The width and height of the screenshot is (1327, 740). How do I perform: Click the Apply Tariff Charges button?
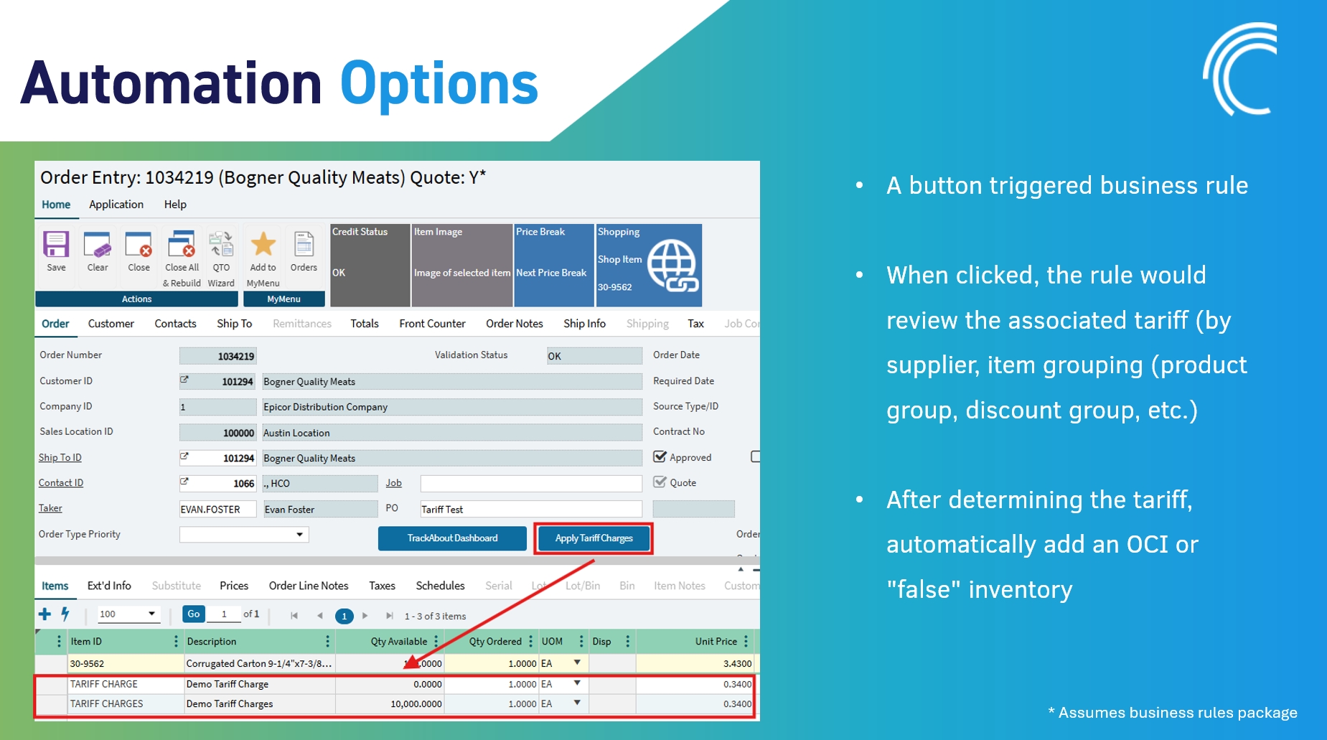[594, 538]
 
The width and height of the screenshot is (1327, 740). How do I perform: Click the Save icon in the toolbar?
[56, 245]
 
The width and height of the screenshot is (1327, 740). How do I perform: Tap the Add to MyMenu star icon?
[263, 244]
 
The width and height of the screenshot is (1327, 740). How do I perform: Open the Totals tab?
[365, 324]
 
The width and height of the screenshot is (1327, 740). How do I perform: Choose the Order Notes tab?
[515, 324]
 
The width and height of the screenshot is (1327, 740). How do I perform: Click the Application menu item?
[116, 205]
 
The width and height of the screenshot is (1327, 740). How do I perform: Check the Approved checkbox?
[660, 456]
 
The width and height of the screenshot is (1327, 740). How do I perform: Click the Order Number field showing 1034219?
[217, 356]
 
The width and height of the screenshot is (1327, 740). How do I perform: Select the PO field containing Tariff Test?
[531, 509]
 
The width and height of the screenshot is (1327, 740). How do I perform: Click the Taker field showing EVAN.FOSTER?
[217, 509]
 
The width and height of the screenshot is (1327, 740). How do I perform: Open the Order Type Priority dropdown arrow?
[299, 535]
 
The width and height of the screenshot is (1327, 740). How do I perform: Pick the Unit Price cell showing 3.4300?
[695, 664]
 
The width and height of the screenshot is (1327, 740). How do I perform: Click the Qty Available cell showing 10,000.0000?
[390, 704]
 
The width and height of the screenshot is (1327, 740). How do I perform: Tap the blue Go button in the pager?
[194, 614]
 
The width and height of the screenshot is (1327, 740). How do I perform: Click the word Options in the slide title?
[439, 84]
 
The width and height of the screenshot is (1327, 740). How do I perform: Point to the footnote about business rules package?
[1173, 713]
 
